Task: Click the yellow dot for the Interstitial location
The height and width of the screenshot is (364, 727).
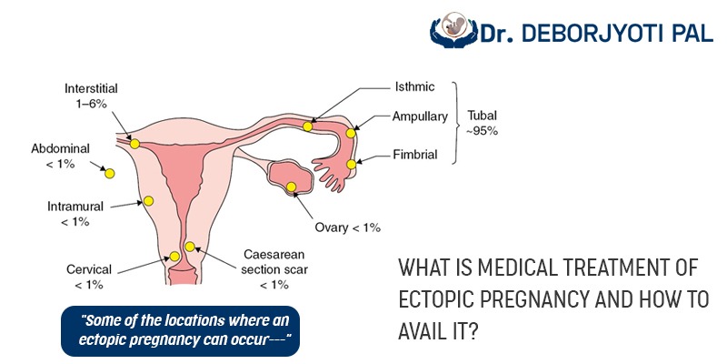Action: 134,144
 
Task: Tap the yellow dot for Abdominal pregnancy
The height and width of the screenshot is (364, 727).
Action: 109,174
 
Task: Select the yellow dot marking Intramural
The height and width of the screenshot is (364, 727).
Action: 148,201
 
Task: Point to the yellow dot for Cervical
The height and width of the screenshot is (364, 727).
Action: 174,257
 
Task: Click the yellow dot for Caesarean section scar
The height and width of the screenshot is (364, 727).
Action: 190,247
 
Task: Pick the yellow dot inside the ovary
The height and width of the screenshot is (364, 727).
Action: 291,187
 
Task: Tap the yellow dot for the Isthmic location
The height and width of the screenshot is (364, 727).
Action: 307,126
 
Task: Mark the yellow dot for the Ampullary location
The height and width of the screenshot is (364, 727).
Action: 351,133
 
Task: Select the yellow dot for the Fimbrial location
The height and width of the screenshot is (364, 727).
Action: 351,165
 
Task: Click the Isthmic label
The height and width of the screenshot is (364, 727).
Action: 414,86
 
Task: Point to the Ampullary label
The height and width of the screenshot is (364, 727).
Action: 420,116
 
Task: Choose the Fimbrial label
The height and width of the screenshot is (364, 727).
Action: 415,154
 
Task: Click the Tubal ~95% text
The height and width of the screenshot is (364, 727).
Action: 483,124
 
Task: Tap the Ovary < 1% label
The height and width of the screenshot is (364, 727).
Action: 348,227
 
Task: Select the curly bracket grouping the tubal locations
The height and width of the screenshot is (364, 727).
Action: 457,123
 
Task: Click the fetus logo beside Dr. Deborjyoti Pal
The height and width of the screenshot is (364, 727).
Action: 453,29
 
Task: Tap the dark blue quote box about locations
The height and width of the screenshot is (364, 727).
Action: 180,330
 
